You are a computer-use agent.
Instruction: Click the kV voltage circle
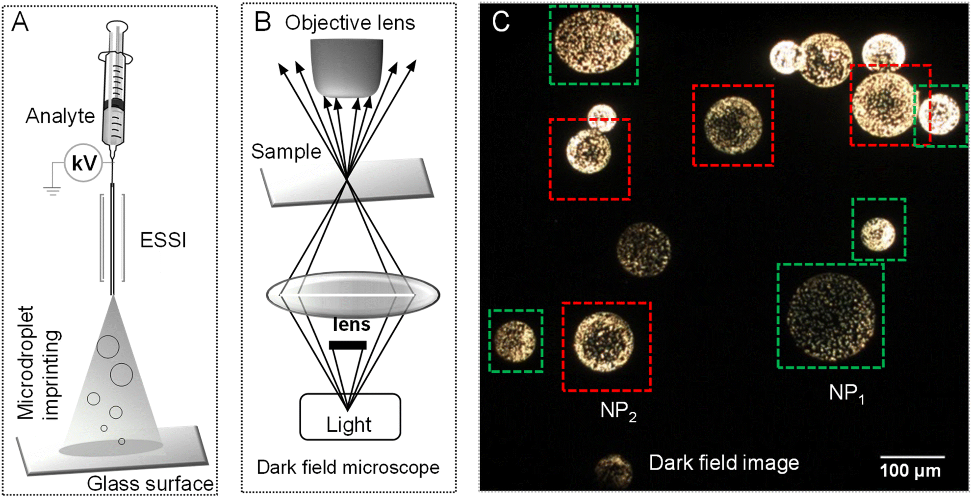coord(83,163)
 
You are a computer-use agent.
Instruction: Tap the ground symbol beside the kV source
coord(52,191)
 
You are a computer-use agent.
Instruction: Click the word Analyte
coord(60,116)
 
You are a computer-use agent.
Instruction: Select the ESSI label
coord(163,240)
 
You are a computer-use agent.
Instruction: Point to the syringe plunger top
coord(117,25)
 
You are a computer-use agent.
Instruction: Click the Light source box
coord(350,417)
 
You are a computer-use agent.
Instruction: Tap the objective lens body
coord(346,68)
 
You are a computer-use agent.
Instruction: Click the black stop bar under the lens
coord(348,345)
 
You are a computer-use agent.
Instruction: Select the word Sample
coord(286,152)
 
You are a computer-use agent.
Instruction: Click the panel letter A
coord(20,22)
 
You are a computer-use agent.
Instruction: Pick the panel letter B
coord(262,22)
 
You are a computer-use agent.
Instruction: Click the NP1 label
coord(846,393)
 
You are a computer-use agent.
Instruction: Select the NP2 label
coord(618,411)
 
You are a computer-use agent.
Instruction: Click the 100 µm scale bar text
coord(910,471)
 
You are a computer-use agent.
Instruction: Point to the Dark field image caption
coord(724,463)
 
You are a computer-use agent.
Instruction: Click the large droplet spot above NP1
coord(831,316)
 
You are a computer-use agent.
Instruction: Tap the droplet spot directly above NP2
coord(604,341)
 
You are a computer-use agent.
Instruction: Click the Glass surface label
coord(151,484)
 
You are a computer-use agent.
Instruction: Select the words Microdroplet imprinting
coord(39,363)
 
